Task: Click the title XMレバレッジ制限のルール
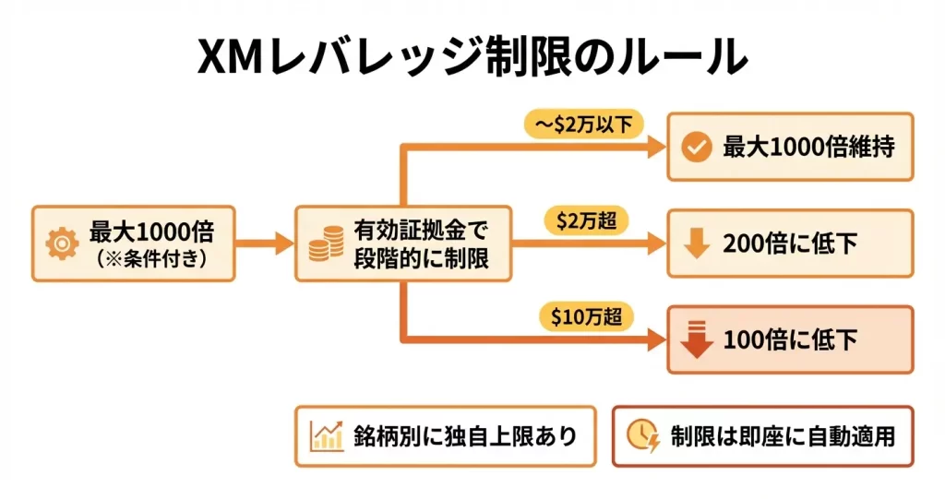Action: tap(472, 57)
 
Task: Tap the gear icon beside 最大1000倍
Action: tap(62, 244)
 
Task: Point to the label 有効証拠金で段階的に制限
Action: tap(419, 244)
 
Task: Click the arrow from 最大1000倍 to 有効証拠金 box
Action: tap(264, 244)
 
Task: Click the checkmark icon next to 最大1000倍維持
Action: tap(695, 148)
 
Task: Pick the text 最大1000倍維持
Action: tap(807, 148)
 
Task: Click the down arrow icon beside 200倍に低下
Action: tap(696, 244)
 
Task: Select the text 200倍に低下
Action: tap(791, 244)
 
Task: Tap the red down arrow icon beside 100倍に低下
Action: tap(696, 339)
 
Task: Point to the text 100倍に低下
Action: tap(791, 339)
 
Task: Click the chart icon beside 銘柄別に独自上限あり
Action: tap(327, 435)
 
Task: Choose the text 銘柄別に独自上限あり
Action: tap(464, 435)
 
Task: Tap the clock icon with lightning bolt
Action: tap(643, 435)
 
